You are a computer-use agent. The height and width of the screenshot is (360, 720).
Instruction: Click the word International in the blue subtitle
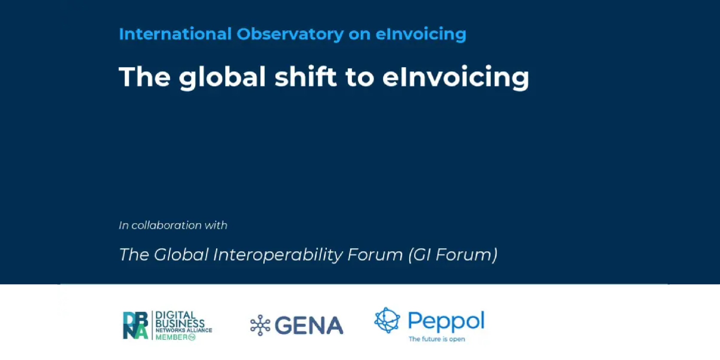[x=175, y=34]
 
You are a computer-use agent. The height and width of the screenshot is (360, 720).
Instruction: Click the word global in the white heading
[x=222, y=78]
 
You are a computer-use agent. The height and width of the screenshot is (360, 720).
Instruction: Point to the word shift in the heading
[x=306, y=76]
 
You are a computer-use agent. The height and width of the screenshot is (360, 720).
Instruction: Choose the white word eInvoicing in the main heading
[x=456, y=78]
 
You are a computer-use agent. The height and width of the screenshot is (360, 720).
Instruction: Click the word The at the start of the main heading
[x=145, y=77]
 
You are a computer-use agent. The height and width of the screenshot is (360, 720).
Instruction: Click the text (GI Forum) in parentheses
[x=453, y=255]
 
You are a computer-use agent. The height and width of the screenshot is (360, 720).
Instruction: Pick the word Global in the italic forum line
[x=181, y=255]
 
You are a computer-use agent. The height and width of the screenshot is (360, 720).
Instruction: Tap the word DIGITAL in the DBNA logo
[x=175, y=315]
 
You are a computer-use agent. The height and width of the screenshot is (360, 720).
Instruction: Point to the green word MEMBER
[x=175, y=337]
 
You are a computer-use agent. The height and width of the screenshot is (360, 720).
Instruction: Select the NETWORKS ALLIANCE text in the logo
[x=184, y=330]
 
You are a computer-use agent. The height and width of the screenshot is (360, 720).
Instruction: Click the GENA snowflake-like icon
[x=260, y=325]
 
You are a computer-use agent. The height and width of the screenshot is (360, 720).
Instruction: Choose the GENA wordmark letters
[x=309, y=325]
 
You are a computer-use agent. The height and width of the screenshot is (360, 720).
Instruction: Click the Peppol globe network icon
[x=387, y=320]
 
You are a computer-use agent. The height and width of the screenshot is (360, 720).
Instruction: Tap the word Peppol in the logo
[x=446, y=321]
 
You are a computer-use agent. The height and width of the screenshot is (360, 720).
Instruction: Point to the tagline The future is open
[x=437, y=339]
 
